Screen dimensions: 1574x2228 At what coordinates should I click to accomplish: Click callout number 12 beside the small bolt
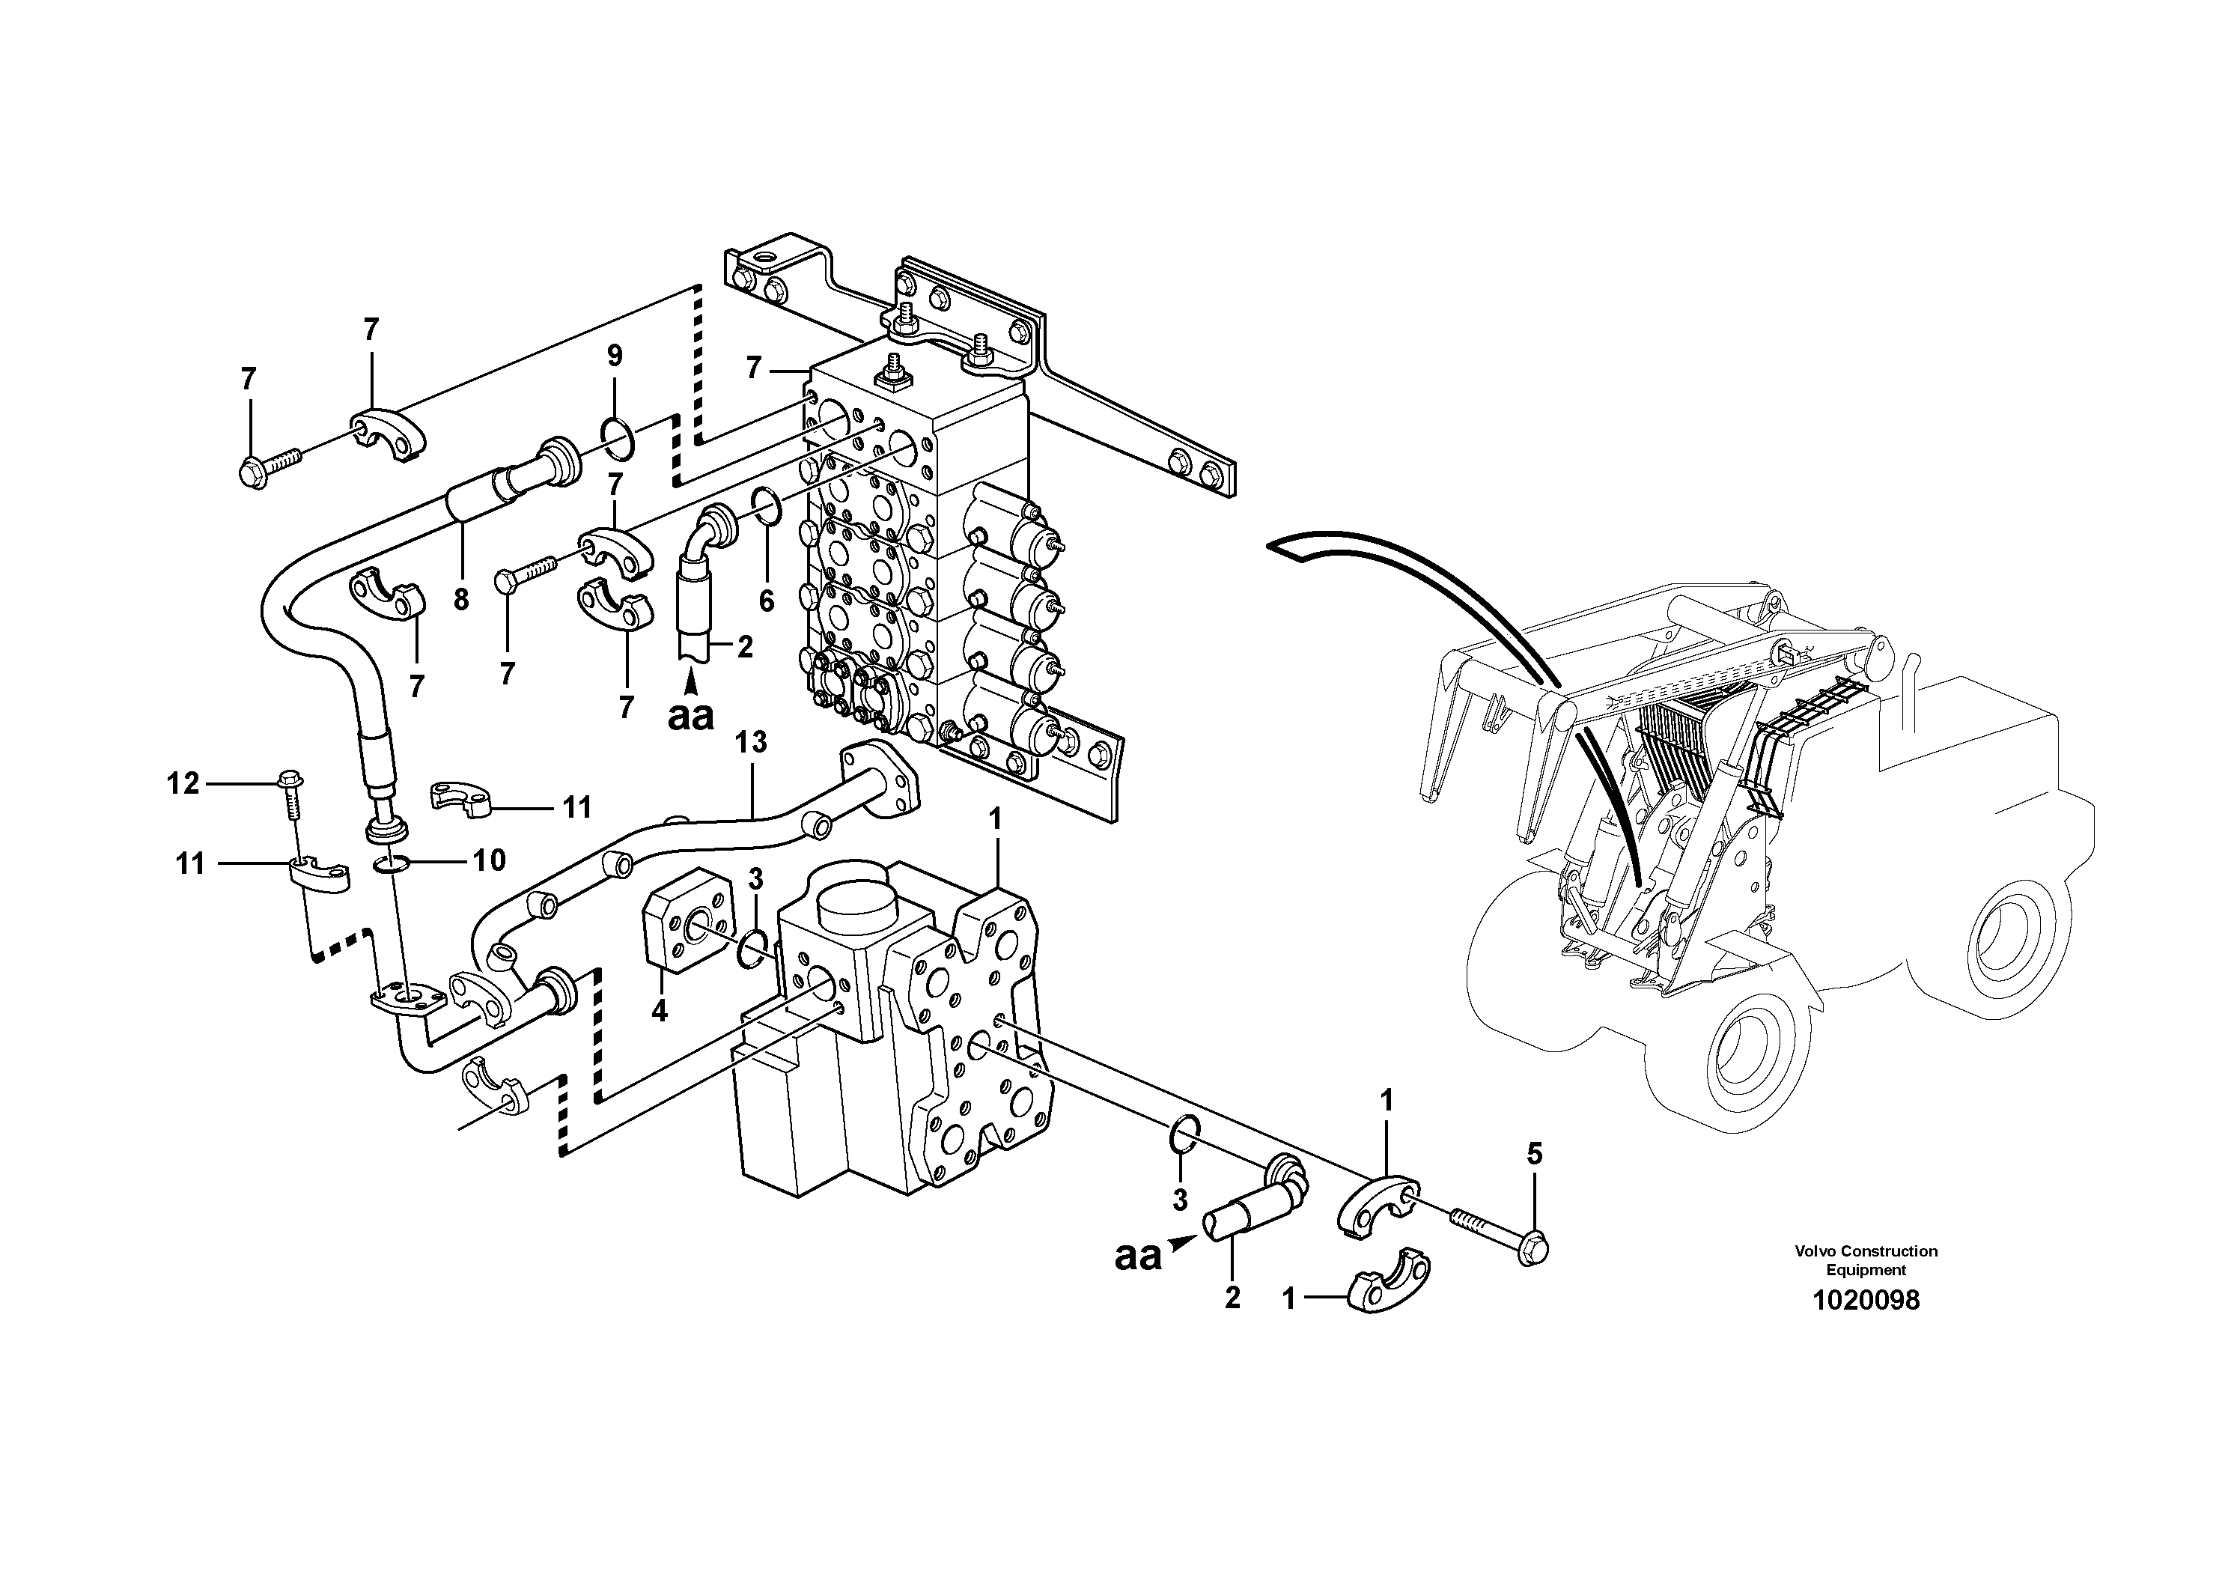click(183, 783)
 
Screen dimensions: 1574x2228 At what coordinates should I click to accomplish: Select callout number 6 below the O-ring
click(767, 601)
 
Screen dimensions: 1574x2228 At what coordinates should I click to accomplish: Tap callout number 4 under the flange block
click(659, 1011)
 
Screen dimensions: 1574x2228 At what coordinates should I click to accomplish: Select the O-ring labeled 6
click(766, 505)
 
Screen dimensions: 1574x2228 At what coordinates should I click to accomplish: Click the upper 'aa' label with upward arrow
click(690, 715)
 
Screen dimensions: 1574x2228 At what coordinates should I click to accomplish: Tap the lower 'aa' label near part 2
click(1137, 1256)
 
